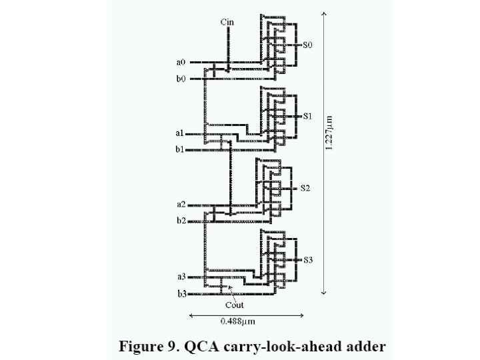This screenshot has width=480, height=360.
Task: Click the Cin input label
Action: click(x=227, y=22)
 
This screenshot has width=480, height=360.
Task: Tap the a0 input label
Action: click(x=181, y=62)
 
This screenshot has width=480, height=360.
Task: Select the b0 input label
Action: click(x=181, y=79)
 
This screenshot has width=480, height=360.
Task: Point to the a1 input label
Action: click(x=180, y=133)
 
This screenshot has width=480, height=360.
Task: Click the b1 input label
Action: click(x=180, y=150)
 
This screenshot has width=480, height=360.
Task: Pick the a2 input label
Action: click(x=181, y=204)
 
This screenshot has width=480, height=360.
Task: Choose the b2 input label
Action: click(x=181, y=221)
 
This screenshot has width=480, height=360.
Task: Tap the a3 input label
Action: click(x=181, y=277)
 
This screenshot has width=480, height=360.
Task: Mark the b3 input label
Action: click(x=181, y=293)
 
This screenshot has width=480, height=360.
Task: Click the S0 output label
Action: click(x=307, y=45)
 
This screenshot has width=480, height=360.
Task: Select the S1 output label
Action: click(x=307, y=116)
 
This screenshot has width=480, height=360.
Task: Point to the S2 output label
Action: click(x=305, y=188)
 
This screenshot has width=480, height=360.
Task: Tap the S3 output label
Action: click(x=308, y=259)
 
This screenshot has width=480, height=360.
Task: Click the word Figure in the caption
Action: click(x=142, y=346)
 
